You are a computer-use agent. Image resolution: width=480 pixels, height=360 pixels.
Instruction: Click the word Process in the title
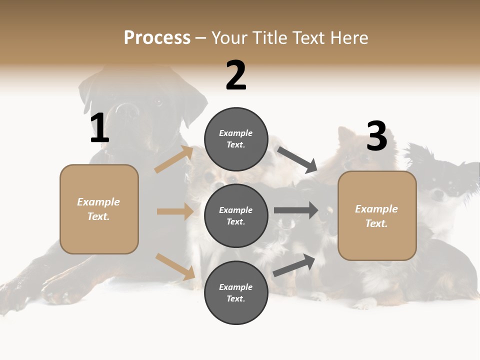tap(157, 37)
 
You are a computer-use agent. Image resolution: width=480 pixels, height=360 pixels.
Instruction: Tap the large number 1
tap(99, 128)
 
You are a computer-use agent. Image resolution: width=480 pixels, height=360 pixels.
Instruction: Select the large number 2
tap(236, 75)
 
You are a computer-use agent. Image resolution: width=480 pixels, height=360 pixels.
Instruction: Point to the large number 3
tap(376, 136)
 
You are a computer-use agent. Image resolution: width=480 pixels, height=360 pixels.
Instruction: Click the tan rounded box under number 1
tap(99, 209)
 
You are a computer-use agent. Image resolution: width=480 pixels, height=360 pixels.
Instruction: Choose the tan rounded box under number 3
tap(377, 216)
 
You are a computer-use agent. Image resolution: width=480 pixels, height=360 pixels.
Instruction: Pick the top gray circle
tap(236, 139)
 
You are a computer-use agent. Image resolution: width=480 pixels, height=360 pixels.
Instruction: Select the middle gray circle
tap(236, 215)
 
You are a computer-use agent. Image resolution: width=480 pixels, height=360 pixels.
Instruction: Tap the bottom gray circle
tap(236, 292)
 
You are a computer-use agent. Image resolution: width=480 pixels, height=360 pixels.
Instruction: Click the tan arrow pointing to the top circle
tap(174, 159)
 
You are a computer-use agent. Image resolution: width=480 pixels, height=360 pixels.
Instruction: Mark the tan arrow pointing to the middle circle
tap(175, 211)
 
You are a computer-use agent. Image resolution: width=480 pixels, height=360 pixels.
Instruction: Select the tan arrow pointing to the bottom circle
tap(175, 266)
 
